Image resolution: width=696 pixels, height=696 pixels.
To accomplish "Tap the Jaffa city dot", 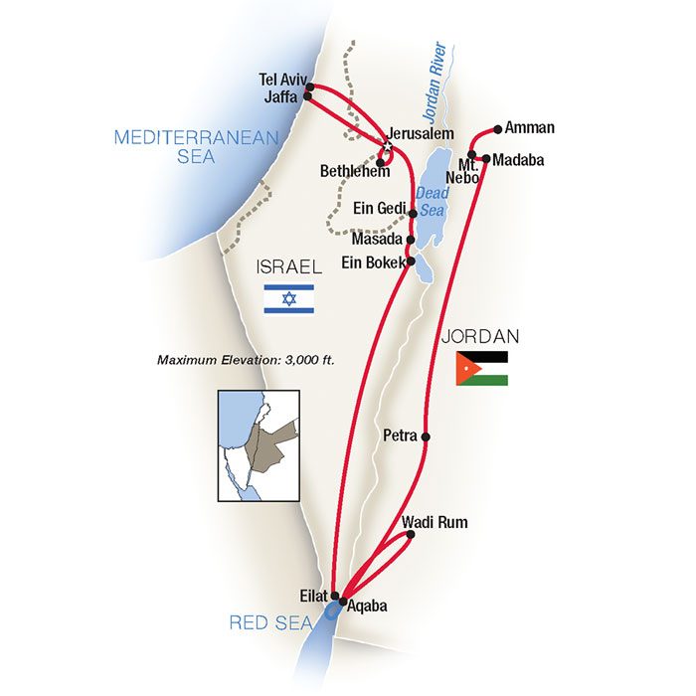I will point(309,96).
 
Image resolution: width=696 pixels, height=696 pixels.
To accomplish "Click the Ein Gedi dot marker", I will point(412,213).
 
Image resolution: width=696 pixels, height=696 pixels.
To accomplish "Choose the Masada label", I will point(376,240).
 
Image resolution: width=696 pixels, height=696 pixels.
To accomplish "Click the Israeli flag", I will point(289,299).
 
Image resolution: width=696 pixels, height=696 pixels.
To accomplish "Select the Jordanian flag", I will point(481,368).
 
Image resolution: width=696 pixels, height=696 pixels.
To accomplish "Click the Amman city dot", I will point(495,128).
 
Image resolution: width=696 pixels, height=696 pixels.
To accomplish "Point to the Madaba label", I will point(518,159).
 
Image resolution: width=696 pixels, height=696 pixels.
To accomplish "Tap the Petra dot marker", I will point(426,436).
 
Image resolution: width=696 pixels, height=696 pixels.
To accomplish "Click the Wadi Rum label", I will point(435,521).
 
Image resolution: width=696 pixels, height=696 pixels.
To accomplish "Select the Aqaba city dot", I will point(343,602).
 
